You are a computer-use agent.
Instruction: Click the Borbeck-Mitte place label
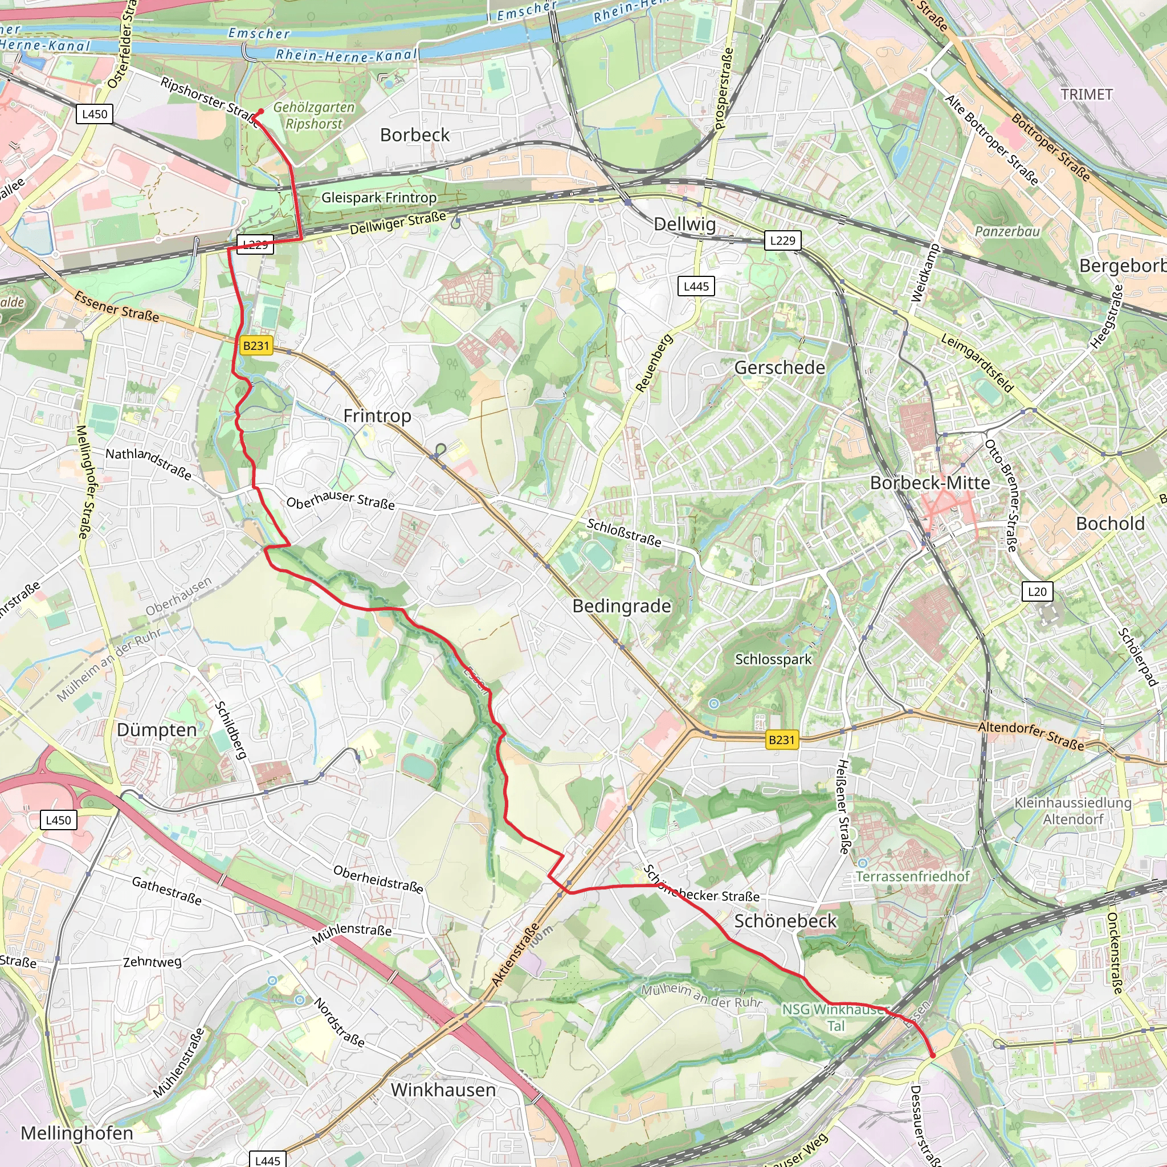click(929, 483)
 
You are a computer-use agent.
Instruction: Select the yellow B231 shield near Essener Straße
click(255, 345)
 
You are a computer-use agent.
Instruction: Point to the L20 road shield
click(1037, 591)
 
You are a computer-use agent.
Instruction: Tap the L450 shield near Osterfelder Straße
click(94, 113)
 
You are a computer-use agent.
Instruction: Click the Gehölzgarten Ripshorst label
click(313, 115)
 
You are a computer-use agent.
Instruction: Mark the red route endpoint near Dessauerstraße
click(932, 1055)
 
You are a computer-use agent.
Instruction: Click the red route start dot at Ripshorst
click(261, 111)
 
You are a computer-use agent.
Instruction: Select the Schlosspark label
click(773, 659)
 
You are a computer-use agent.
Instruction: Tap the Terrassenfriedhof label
click(912, 876)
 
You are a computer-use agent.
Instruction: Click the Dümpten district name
click(157, 730)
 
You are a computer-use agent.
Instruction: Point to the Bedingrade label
click(622, 606)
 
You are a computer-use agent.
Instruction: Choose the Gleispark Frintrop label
click(379, 198)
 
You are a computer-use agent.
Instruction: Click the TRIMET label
click(1086, 94)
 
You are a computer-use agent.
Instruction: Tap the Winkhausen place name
click(443, 1090)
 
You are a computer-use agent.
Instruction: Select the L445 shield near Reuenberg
click(696, 286)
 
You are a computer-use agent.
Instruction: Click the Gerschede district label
click(779, 368)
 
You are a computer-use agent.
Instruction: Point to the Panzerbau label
click(1007, 231)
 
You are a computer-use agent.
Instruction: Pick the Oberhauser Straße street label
click(340, 500)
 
